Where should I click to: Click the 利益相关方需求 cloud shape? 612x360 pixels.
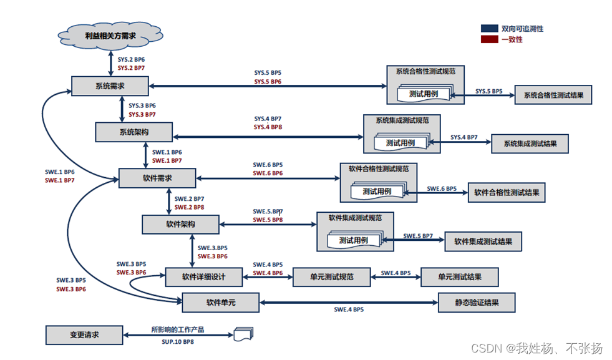(110, 36)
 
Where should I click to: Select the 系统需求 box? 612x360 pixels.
(109, 86)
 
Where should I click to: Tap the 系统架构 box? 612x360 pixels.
(134, 132)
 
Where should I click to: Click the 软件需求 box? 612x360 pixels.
(157, 178)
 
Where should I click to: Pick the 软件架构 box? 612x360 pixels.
(180, 223)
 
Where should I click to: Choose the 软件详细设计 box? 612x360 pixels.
(203, 276)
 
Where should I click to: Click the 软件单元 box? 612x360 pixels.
(220, 303)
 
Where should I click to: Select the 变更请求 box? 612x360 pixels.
(84, 335)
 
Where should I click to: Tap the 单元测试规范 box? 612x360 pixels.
(331, 276)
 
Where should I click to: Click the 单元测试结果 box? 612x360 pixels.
(459, 276)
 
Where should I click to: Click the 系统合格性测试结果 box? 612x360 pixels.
(553, 95)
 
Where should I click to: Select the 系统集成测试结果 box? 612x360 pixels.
(530, 144)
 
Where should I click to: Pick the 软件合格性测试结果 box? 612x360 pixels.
(507, 193)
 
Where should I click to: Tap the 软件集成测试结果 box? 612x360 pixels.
(483, 241)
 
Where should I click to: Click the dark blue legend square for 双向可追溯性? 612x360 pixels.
(489, 29)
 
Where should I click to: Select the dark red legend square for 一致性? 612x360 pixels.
(489, 39)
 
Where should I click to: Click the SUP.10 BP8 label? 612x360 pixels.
(178, 342)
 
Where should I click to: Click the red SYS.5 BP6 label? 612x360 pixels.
(268, 82)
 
